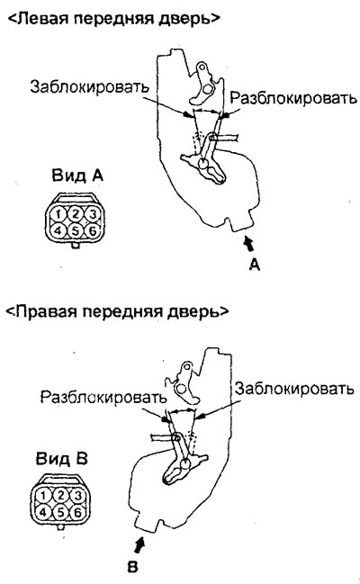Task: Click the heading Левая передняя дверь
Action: click(112, 20)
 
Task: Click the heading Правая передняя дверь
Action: click(116, 311)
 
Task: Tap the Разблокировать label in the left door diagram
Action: click(292, 98)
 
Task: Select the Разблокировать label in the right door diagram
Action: click(103, 397)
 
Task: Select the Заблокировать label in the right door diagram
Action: click(293, 389)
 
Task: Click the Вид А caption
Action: click(77, 175)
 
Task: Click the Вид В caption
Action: click(61, 458)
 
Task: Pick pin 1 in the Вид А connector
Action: click(58, 214)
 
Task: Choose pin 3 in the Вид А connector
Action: click(93, 214)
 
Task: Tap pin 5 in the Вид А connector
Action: click(76, 231)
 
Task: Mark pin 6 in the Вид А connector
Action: click(93, 231)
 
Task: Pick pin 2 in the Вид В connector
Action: click(60, 495)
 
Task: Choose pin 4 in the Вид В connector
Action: click(43, 513)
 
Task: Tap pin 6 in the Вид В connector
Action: click(77, 513)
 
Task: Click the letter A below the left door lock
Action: click(255, 265)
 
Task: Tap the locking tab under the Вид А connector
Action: click(76, 246)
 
